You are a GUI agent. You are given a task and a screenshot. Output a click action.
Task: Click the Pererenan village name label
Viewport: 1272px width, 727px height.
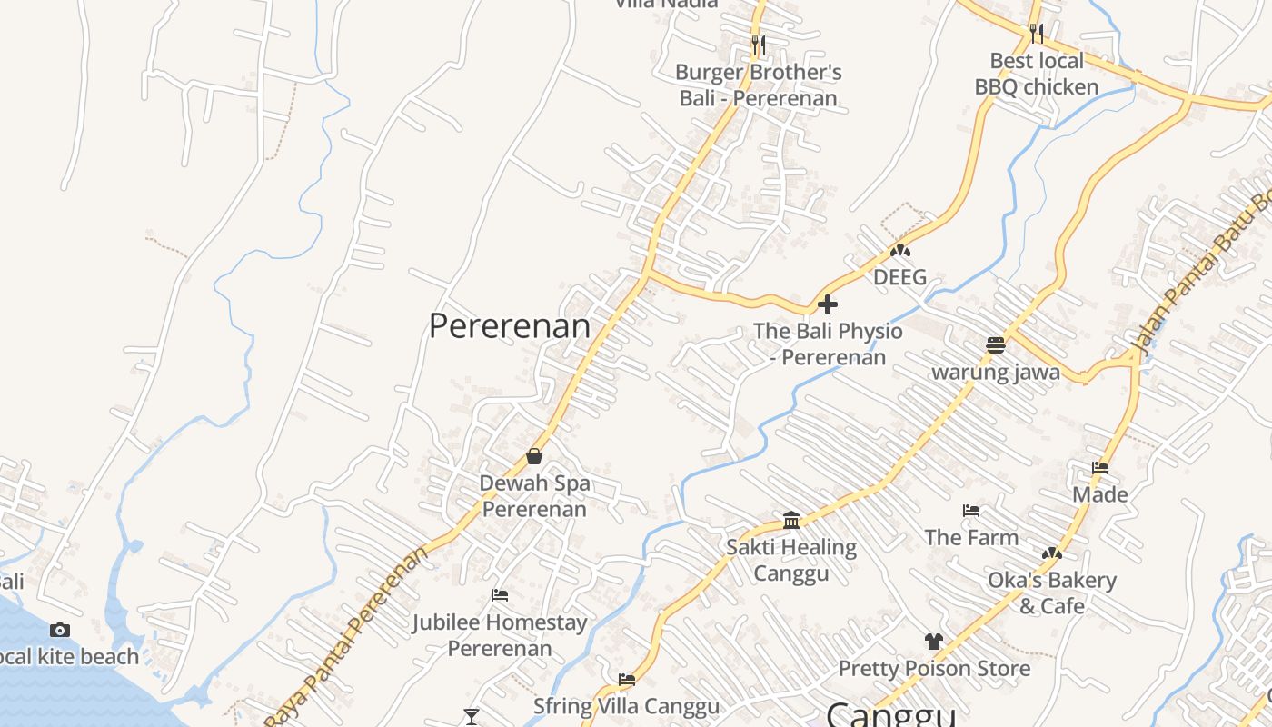[509, 325]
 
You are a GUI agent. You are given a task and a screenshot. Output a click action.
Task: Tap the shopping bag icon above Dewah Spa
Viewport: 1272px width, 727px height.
[534, 456]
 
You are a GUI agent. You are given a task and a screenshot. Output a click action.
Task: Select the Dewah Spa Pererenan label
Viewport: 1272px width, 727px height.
[534, 496]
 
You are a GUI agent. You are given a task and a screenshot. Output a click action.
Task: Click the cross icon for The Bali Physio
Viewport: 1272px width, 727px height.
[828, 304]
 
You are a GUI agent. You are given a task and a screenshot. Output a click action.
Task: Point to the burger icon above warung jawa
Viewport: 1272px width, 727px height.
[996, 345]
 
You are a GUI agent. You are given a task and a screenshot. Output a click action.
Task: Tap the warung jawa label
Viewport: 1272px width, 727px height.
[996, 373]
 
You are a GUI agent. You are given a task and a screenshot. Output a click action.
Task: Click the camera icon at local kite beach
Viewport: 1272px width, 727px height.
[60, 630]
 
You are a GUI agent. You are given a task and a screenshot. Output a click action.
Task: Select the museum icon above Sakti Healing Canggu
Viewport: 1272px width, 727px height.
[791, 521]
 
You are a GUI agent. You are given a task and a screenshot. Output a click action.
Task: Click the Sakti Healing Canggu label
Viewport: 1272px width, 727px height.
[791, 560]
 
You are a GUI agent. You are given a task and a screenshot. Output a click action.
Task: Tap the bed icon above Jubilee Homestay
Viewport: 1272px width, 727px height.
[499, 595]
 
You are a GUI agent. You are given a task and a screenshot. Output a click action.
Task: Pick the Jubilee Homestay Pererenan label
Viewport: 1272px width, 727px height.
[500, 635]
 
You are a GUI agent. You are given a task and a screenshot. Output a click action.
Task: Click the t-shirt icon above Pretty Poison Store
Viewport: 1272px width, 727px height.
[934, 642]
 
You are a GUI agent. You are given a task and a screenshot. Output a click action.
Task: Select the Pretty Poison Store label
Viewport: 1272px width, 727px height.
[934, 669]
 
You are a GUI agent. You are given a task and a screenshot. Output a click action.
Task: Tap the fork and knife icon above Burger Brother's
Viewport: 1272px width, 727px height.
[759, 44]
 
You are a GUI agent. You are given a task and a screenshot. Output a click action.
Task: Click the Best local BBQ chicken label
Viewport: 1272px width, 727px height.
[1037, 74]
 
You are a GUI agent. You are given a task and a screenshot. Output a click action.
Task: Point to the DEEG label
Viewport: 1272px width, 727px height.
[899, 277]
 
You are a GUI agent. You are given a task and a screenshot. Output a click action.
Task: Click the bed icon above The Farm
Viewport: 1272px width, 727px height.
[971, 511]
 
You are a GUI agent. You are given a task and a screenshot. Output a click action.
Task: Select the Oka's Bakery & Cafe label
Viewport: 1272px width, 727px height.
[1052, 593]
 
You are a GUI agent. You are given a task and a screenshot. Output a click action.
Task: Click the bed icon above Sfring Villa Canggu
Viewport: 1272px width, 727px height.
[626, 679]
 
